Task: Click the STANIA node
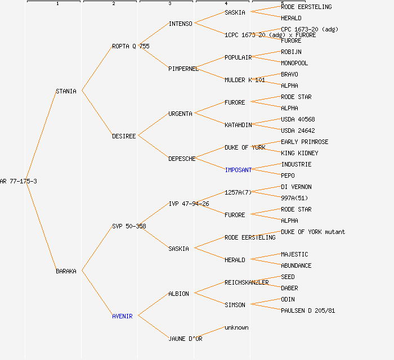point(66,91)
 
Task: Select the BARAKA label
point(66,271)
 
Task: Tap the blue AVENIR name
point(122,316)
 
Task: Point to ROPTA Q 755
point(131,46)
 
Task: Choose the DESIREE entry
point(124,136)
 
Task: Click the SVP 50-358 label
point(129,226)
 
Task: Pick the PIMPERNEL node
point(183,69)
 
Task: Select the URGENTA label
point(180,114)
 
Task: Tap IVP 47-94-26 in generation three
point(189,204)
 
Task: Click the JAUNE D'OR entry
point(185,339)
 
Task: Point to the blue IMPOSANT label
point(238,170)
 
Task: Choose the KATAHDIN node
point(238,125)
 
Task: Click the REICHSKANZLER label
point(247,282)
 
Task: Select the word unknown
point(236,327)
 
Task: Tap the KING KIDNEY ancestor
point(299,153)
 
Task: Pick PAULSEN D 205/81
point(308,310)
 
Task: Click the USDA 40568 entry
point(298,119)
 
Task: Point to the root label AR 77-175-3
point(19,181)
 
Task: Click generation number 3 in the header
point(169,4)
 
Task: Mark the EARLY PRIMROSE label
point(305,142)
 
